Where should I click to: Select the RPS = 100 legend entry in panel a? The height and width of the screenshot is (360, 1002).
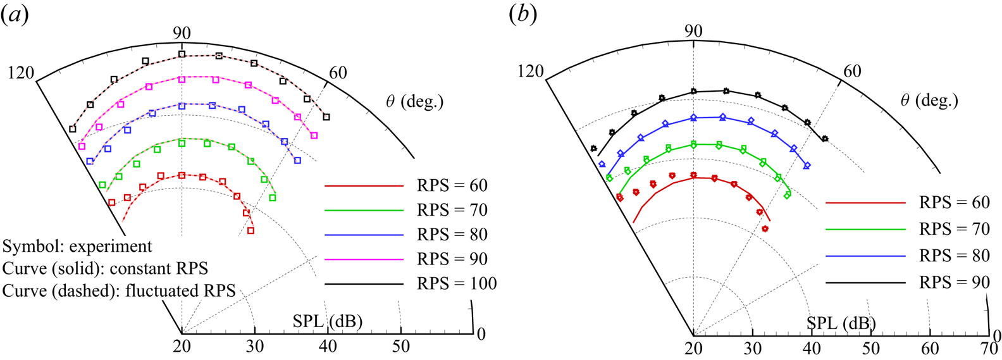point(456,284)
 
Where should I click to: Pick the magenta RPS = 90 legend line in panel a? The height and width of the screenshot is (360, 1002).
point(364,259)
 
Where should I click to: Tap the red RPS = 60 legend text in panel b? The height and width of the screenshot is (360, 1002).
point(954,202)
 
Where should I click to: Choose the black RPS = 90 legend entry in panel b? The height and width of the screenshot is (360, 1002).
point(954,282)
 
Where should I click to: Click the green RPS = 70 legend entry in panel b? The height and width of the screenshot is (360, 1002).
point(954,229)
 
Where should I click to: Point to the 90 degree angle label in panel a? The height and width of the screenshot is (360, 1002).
point(182,33)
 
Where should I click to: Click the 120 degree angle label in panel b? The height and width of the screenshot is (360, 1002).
point(531,71)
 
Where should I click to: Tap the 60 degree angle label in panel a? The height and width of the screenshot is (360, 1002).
point(338,73)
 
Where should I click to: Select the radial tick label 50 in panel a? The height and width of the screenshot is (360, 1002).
point(400,347)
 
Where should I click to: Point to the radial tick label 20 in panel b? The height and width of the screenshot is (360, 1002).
point(694,348)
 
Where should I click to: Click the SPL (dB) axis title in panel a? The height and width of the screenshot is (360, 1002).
point(328,321)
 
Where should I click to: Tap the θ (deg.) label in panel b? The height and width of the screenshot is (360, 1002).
point(929,100)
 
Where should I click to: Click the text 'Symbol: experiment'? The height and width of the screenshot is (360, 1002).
point(77,246)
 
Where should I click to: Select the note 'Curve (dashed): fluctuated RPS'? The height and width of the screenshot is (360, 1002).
point(119,290)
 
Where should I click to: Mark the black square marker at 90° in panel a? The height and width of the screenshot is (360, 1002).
point(182,54)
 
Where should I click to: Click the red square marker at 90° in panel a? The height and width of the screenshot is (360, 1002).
point(182,175)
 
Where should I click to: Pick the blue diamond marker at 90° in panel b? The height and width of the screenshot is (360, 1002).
point(694,118)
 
